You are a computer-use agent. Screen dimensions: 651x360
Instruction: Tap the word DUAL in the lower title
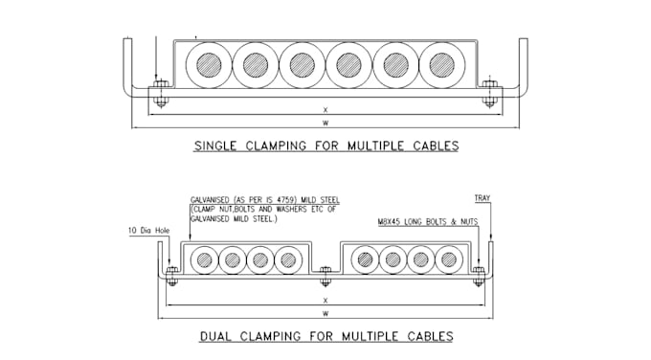click(x=215, y=336)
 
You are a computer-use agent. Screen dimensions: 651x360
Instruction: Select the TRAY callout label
click(x=483, y=198)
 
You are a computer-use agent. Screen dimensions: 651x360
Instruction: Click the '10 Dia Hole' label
click(x=149, y=231)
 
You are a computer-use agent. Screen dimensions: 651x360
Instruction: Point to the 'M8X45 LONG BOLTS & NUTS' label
click(x=428, y=222)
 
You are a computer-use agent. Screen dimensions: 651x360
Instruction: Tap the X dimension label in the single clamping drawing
click(x=325, y=110)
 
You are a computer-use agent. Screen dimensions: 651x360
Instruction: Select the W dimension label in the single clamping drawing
click(x=325, y=123)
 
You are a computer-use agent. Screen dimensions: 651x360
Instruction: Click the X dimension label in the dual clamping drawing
click(x=325, y=301)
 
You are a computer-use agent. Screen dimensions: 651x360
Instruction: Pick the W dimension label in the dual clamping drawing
click(x=325, y=313)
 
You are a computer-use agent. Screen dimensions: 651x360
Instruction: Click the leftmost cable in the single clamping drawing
click(x=209, y=65)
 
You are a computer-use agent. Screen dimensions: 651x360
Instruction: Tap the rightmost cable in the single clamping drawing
click(x=442, y=65)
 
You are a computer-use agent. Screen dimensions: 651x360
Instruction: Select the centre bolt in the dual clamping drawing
click(x=325, y=276)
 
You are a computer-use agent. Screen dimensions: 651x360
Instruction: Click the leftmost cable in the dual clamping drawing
click(x=204, y=259)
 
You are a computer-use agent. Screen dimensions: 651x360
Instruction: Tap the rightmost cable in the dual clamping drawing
click(x=449, y=259)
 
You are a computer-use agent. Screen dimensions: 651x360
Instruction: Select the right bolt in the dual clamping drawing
click(x=479, y=276)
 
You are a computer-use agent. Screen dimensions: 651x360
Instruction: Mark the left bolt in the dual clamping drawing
click(x=172, y=276)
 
